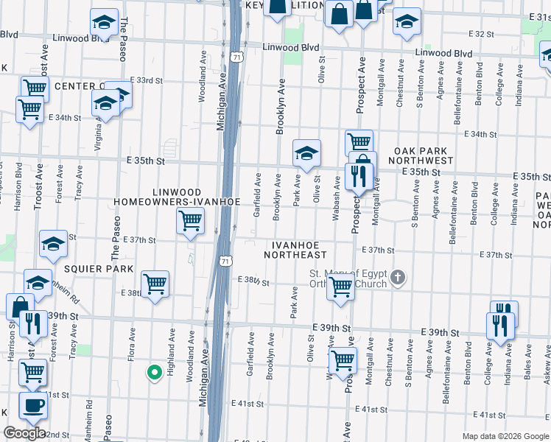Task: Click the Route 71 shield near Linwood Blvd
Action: pos(235,57)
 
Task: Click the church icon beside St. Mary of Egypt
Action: pos(398,278)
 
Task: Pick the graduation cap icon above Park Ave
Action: pos(306,153)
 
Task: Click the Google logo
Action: pos(25,433)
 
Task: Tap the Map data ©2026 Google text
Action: pos(505,436)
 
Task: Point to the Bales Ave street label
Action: pos(527,368)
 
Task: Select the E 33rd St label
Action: pos(146,80)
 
